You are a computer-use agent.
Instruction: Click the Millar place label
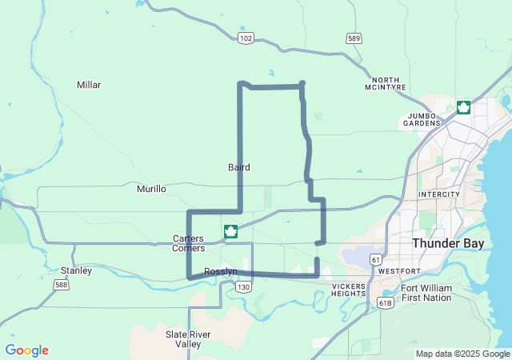[89, 85]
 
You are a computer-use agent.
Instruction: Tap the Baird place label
[238, 167]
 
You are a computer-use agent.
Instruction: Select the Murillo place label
[151, 189]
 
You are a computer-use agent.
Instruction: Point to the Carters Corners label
[189, 243]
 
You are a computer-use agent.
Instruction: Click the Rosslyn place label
[221, 272]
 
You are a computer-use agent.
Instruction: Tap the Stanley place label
[76, 270]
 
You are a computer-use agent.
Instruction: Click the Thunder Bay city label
[447, 243]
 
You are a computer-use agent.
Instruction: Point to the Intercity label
[439, 194]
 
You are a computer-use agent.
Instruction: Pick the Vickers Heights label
[348, 290]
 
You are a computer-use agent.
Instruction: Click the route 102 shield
[246, 38]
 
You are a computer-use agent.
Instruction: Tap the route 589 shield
[354, 38]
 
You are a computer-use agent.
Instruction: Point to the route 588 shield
[62, 284]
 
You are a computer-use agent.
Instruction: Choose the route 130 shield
[244, 286]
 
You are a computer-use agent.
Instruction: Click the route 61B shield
[386, 303]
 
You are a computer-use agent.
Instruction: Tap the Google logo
[26, 350]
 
